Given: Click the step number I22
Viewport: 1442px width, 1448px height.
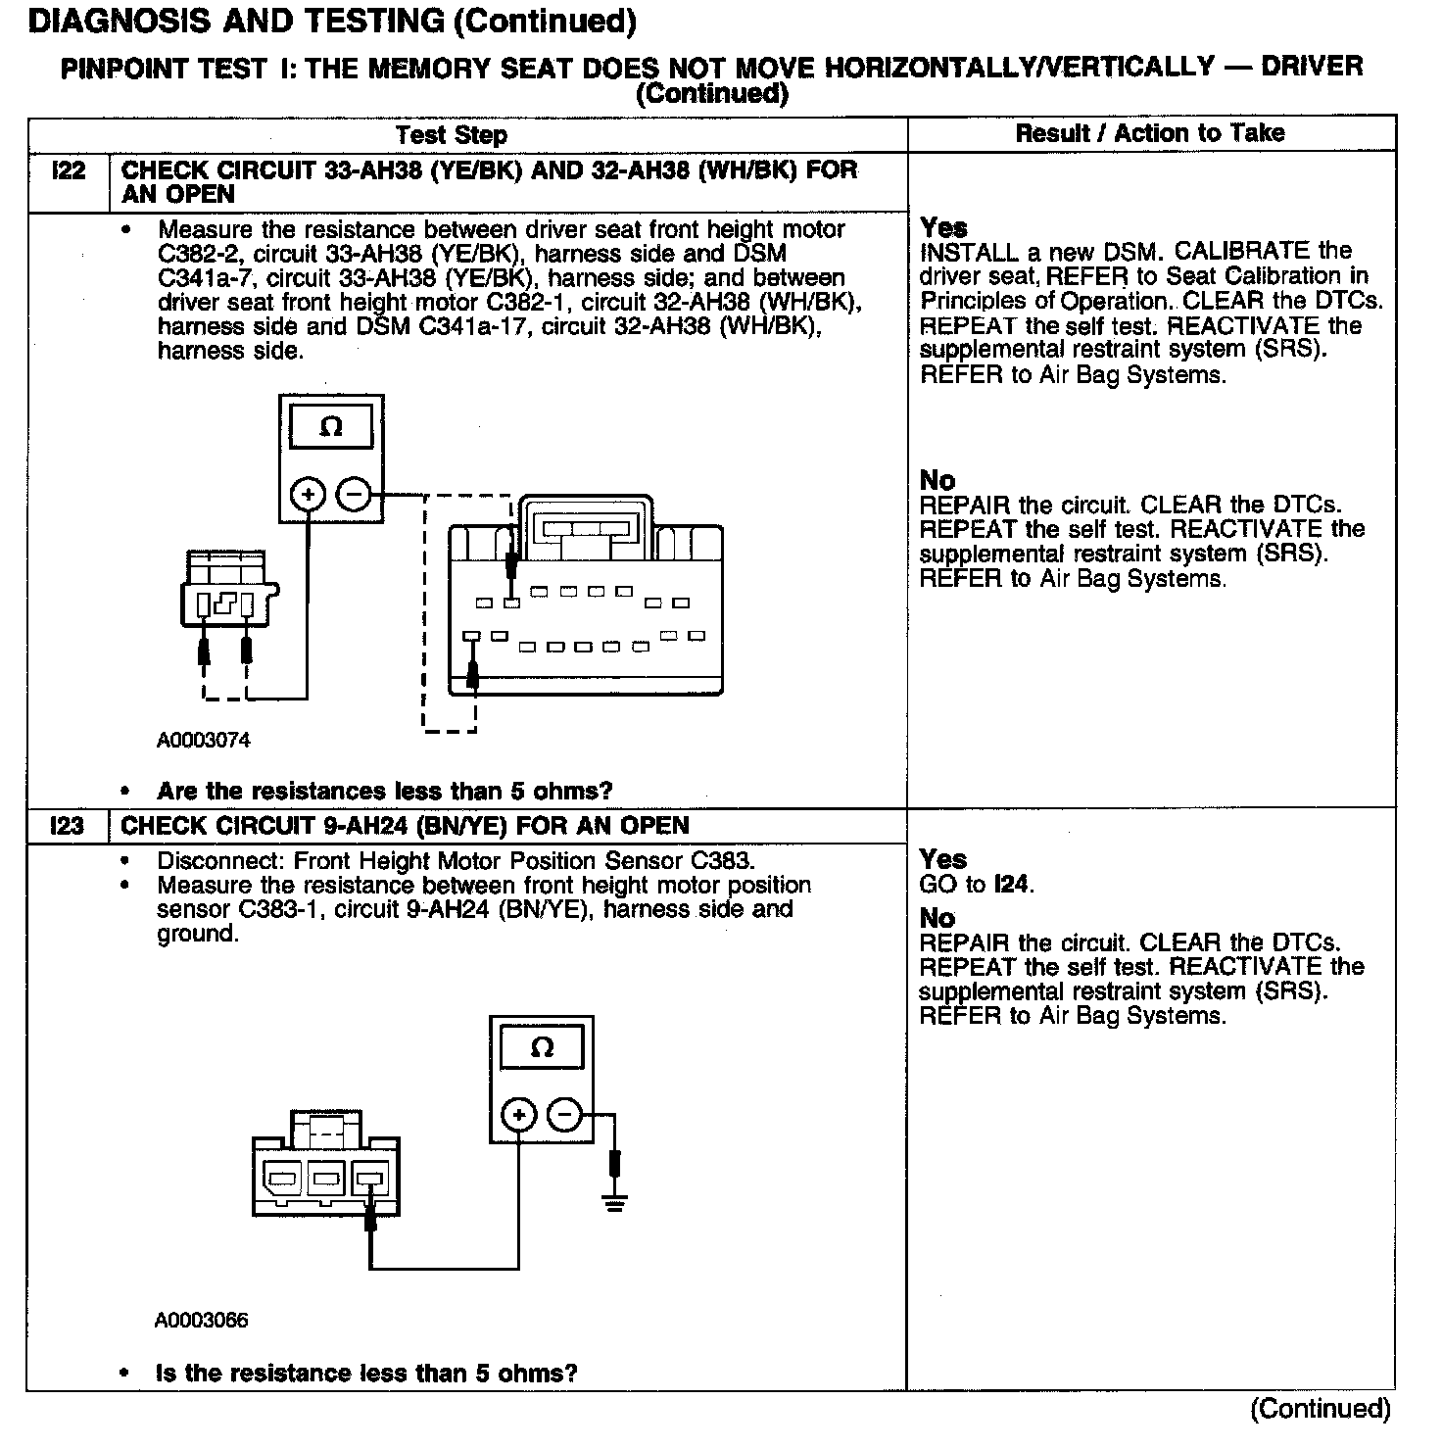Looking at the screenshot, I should click(68, 171).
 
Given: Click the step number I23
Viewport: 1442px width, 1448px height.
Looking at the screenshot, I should click(68, 826).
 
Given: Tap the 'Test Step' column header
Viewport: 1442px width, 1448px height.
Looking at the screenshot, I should click(452, 135).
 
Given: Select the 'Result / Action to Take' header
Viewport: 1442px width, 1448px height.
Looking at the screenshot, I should click(1150, 133).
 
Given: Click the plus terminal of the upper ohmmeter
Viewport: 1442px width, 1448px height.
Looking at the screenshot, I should click(309, 495).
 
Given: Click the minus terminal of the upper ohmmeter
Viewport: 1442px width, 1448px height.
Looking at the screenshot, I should click(354, 495).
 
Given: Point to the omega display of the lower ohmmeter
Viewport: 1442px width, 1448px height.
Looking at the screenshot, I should click(542, 1048).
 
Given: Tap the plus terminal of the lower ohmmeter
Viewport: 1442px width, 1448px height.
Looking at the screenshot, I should click(519, 1115).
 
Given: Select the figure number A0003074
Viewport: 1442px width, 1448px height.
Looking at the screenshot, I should click(204, 741).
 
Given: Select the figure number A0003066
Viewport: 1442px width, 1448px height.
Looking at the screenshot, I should click(202, 1321).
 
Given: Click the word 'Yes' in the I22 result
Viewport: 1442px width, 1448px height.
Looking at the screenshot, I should click(943, 227).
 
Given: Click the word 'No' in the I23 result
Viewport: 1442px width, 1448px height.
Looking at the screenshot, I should click(937, 918).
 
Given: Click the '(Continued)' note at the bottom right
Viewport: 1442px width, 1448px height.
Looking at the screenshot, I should click(1320, 1409).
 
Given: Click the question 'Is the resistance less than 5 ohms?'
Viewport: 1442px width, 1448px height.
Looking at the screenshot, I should click(366, 1374).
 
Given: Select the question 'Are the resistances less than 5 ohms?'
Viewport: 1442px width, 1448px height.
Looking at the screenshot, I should click(384, 791).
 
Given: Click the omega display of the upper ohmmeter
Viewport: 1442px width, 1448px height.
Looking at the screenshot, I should click(331, 427).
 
